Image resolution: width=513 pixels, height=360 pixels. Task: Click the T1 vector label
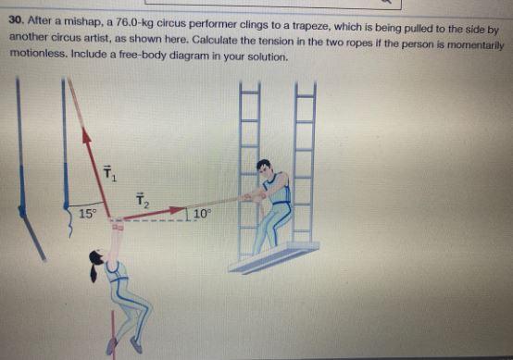coord(109,172)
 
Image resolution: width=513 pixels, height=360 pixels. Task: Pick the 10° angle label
coord(203,214)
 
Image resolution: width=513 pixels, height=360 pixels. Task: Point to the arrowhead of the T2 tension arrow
coord(177,210)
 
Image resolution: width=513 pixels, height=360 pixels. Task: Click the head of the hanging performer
coord(98,262)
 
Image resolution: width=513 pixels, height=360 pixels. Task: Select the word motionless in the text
coord(36,56)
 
